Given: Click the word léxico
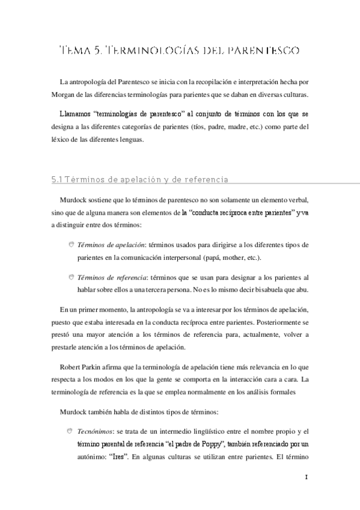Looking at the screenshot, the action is [x=63, y=139].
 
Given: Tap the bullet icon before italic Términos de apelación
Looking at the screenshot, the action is [x=71, y=244].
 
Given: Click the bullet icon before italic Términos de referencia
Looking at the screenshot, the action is [x=71, y=276].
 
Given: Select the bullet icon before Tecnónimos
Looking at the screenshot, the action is [x=71, y=430].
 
